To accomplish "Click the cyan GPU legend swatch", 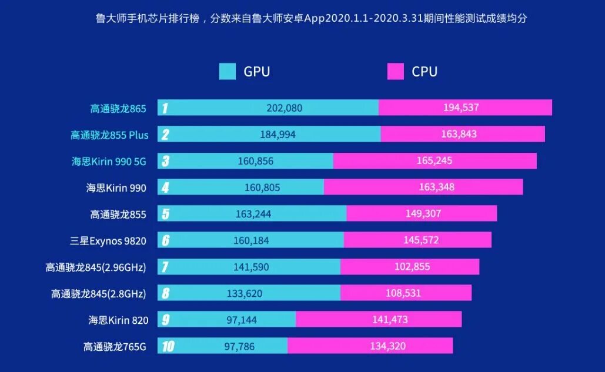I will (x=228, y=72).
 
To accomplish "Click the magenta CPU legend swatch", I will (x=396, y=72).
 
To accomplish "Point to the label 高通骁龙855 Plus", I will (x=109, y=135).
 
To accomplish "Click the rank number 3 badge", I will (x=166, y=161).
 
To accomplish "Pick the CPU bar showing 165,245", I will (x=435, y=161).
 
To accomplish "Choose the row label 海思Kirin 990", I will (x=116, y=188).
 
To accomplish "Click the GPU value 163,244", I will (x=253, y=214).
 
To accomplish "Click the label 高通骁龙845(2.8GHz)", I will (x=98, y=293).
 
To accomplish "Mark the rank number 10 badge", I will (x=168, y=347).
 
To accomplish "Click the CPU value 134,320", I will (x=387, y=346).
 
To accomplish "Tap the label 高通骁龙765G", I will (x=114, y=347).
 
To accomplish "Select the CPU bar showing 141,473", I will (x=379, y=320).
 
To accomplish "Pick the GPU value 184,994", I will (x=278, y=135).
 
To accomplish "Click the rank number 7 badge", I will (x=165, y=267).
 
